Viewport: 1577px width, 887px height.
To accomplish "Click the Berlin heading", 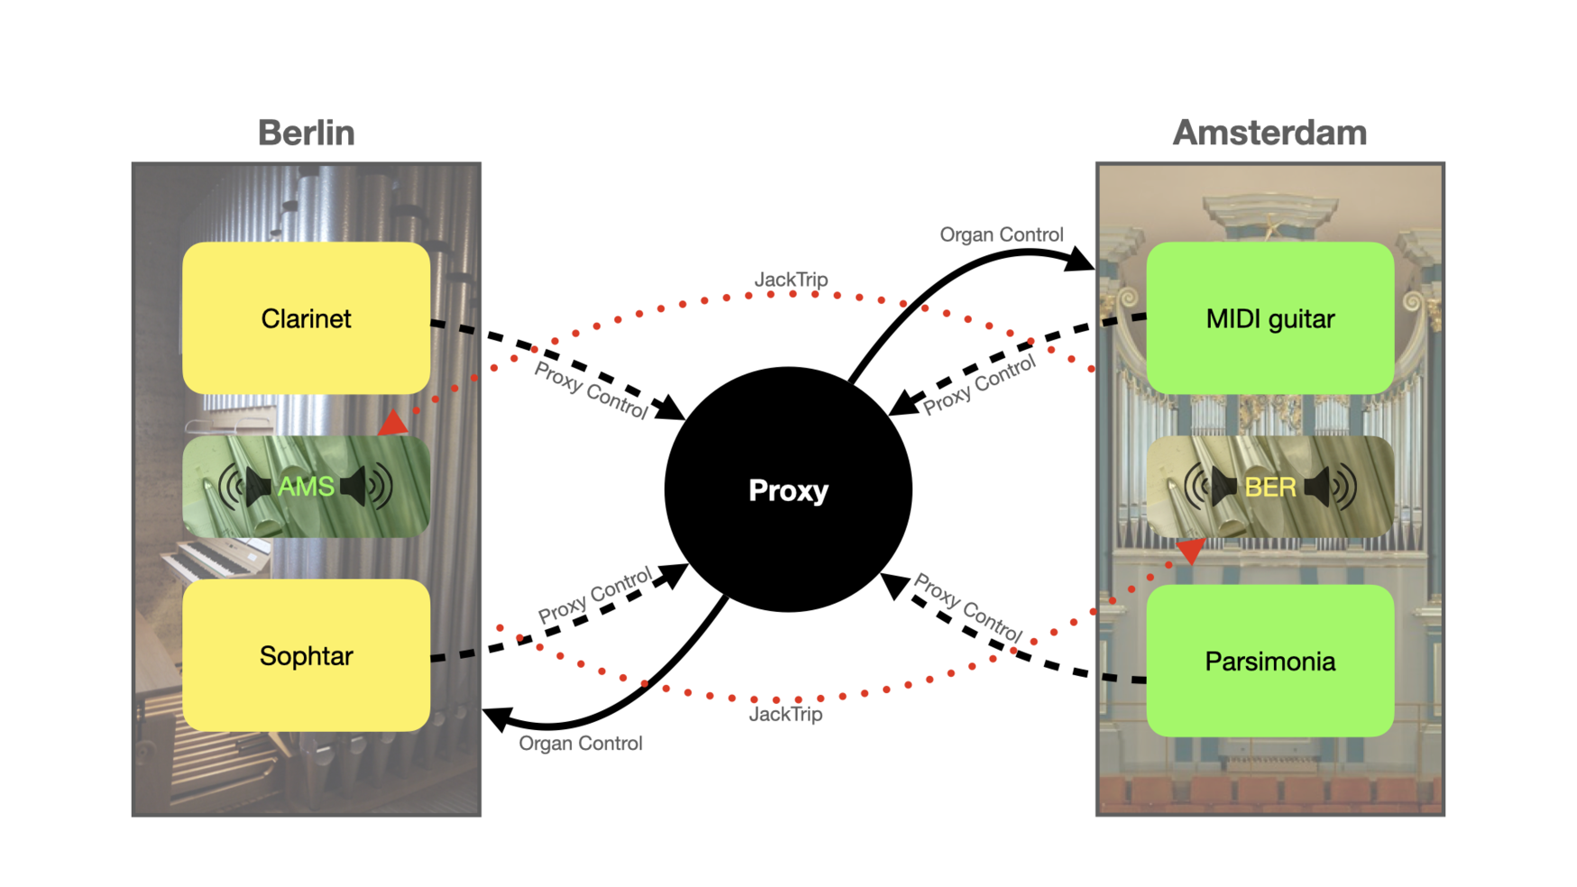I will (x=306, y=133).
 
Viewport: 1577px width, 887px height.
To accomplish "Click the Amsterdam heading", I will (x=1269, y=133).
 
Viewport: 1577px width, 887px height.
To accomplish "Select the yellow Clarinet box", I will (x=306, y=318).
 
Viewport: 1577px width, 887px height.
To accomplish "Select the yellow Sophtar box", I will (x=306, y=655).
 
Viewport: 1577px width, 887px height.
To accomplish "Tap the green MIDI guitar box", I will (x=1270, y=318).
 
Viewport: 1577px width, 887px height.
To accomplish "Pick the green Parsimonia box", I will (x=1270, y=661).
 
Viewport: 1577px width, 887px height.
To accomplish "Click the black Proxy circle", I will (x=788, y=489).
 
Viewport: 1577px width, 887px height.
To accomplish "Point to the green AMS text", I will (x=306, y=487).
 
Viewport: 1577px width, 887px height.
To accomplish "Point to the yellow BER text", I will (x=1270, y=488).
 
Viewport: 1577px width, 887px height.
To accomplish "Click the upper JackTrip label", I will (x=791, y=279).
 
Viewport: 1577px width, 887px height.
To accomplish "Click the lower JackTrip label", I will (x=785, y=714).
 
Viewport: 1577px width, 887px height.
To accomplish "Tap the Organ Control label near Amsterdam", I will (x=1001, y=234).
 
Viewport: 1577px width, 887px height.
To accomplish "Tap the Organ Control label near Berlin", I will (x=580, y=744).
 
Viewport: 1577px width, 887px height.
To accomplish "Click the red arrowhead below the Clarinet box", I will (x=394, y=423).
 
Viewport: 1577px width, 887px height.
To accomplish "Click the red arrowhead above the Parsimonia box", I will (x=1190, y=550).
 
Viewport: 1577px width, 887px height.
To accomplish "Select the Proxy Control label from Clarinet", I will (x=591, y=390).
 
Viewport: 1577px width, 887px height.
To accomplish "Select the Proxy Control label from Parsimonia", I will (x=967, y=608).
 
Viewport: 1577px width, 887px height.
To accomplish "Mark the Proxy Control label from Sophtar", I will (x=594, y=596).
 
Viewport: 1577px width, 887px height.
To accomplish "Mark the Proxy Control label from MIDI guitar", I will (x=979, y=384).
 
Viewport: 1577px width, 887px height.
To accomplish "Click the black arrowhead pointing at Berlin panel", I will (x=497, y=718).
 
